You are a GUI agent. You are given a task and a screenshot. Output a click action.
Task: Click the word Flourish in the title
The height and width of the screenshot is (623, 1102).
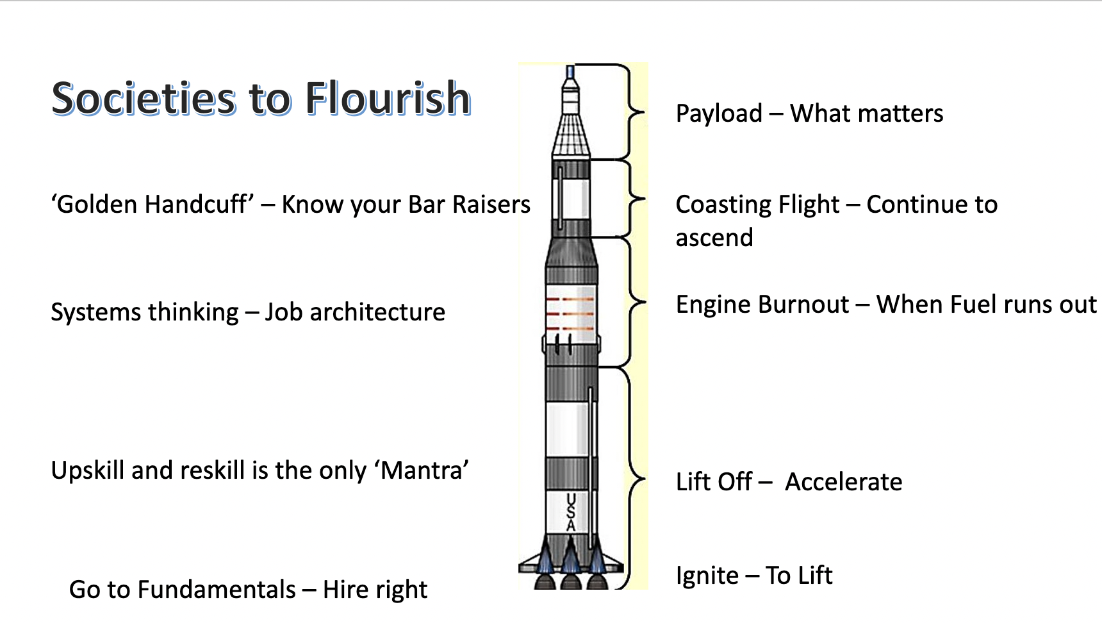pyautogui.click(x=388, y=99)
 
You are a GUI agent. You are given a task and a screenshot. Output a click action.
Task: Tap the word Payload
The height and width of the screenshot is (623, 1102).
pyautogui.click(x=719, y=114)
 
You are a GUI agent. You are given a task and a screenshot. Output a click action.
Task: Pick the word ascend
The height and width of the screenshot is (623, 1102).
pyautogui.click(x=714, y=238)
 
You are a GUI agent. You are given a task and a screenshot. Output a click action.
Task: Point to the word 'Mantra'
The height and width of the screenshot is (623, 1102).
pyautogui.click(x=425, y=470)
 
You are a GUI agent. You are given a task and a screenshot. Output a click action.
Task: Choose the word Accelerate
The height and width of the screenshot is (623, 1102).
pyautogui.click(x=844, y=482)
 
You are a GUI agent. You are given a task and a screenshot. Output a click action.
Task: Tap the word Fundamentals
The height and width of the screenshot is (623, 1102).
pyautogui.click(x=217, y=590)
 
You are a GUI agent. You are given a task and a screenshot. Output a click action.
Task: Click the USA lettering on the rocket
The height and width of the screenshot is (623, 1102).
pyautogui.click(x=571, y=511)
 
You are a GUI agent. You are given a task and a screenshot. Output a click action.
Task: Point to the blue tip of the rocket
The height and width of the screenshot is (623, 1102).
pyautogui.click(x=570, y=72)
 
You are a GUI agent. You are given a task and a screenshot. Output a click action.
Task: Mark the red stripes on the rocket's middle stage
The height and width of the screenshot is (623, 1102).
pyautogui.click(x=570, y=313)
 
